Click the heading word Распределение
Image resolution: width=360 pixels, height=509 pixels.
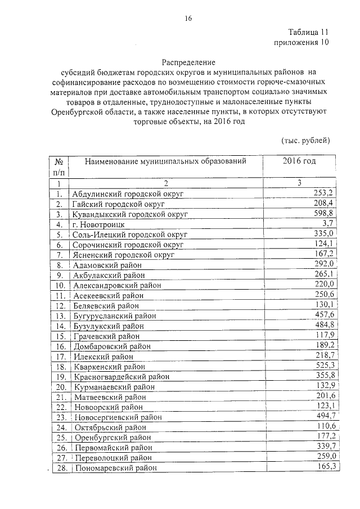(x=188, y=62)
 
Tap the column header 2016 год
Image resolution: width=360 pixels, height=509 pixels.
(x=299, y=161)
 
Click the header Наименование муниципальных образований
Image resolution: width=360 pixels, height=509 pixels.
(x=165, y=162)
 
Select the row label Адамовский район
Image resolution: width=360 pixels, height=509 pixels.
(x=107, y=265)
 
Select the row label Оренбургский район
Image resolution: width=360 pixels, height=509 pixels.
(x=112, y=437)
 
